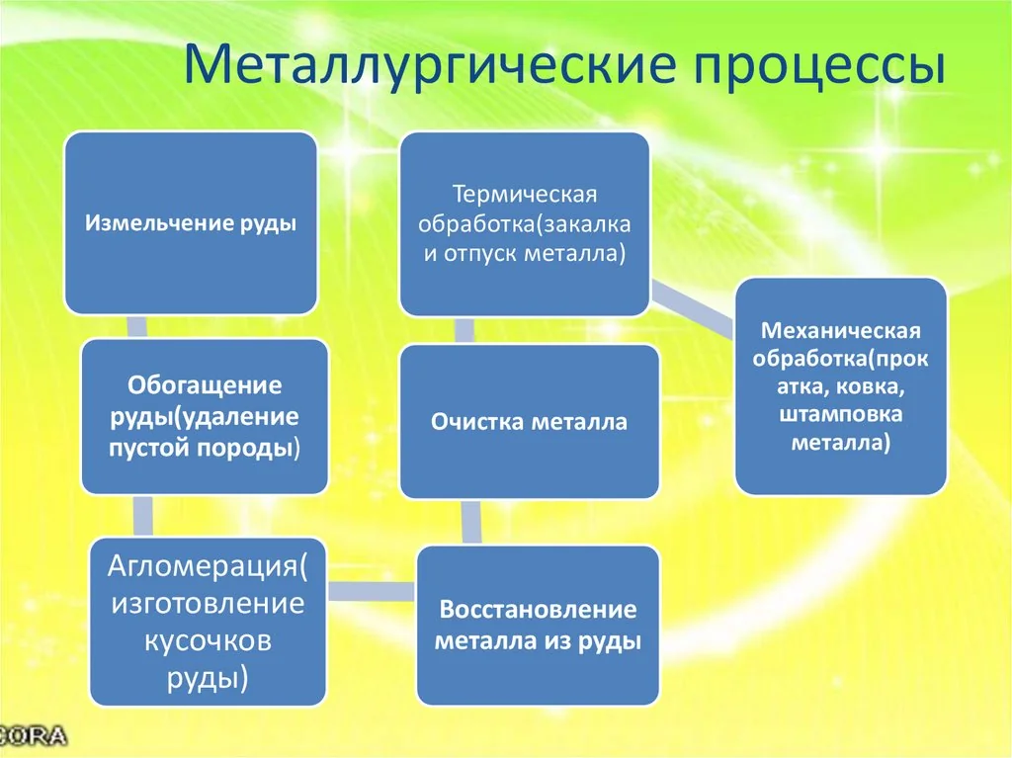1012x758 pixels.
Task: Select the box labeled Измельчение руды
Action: pos(191,223)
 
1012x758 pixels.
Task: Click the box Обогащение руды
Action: pos(205,416)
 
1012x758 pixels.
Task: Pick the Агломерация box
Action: pos(208,623)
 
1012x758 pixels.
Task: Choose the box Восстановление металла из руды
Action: pos(538,625)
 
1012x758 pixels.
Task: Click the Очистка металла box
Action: pos(529,422)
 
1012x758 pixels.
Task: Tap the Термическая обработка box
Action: pos(524,219)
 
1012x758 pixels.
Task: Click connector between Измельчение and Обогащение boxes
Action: pos(137,327)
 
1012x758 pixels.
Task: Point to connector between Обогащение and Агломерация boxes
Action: pos(143,515)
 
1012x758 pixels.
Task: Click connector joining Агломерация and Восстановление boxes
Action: pos(371,591)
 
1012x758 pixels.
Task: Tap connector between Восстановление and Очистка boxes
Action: pos(471,522)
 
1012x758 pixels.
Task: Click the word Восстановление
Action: pos(538,609)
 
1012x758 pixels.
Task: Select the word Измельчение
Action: pos(158,223)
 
